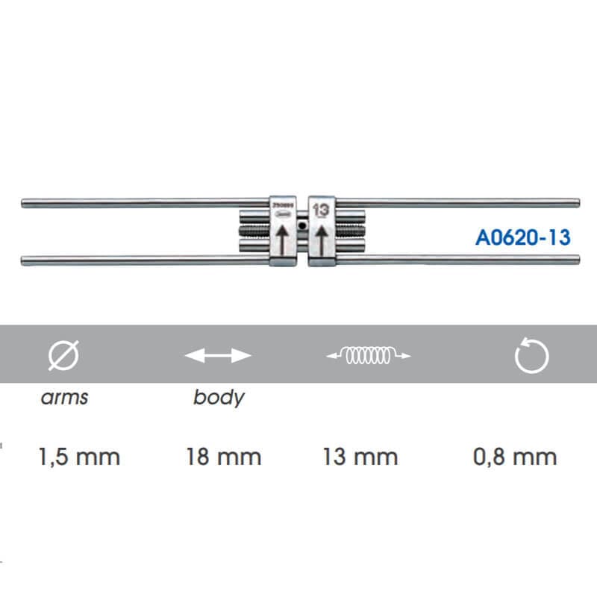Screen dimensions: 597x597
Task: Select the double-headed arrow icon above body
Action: (x=218, y=357)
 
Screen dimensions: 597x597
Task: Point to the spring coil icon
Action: (x=369, y=357)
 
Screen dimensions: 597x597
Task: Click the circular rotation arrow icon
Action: (x=532, y=357)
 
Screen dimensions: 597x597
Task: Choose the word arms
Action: (x=63, y=396)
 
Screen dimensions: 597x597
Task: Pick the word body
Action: (x=218, y=396)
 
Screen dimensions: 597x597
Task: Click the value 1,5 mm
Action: (x=78, y=456)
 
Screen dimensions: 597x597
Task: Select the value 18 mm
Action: (x=224, y=456)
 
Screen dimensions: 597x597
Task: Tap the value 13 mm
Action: (x=360, y=456)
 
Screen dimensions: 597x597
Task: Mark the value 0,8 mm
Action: (x=515, y=456)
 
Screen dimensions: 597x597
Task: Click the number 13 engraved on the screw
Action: (x=321, y=210)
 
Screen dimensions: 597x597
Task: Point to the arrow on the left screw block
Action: (x=282, y=241)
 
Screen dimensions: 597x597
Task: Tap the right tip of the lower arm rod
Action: (x=578, y=260)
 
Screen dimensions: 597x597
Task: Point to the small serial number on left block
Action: (x=281, y=202)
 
